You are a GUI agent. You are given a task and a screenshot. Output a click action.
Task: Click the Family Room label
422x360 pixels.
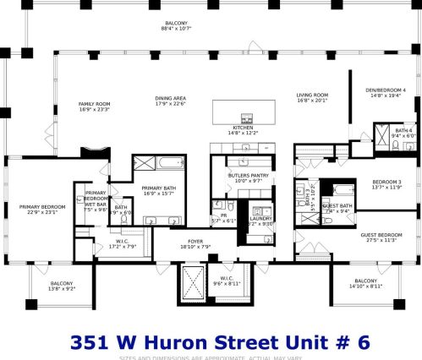tap(95, 104)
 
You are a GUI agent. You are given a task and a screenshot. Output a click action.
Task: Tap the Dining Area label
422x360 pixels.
tap(171, 97)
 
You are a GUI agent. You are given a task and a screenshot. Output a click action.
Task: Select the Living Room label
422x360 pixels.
tap(311, 95)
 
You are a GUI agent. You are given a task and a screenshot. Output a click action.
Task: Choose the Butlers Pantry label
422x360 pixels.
tap(246, 176)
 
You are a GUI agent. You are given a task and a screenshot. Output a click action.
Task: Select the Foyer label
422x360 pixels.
tap(194, 242)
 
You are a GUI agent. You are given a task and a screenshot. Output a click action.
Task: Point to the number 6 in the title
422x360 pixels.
tap(364, 342)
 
